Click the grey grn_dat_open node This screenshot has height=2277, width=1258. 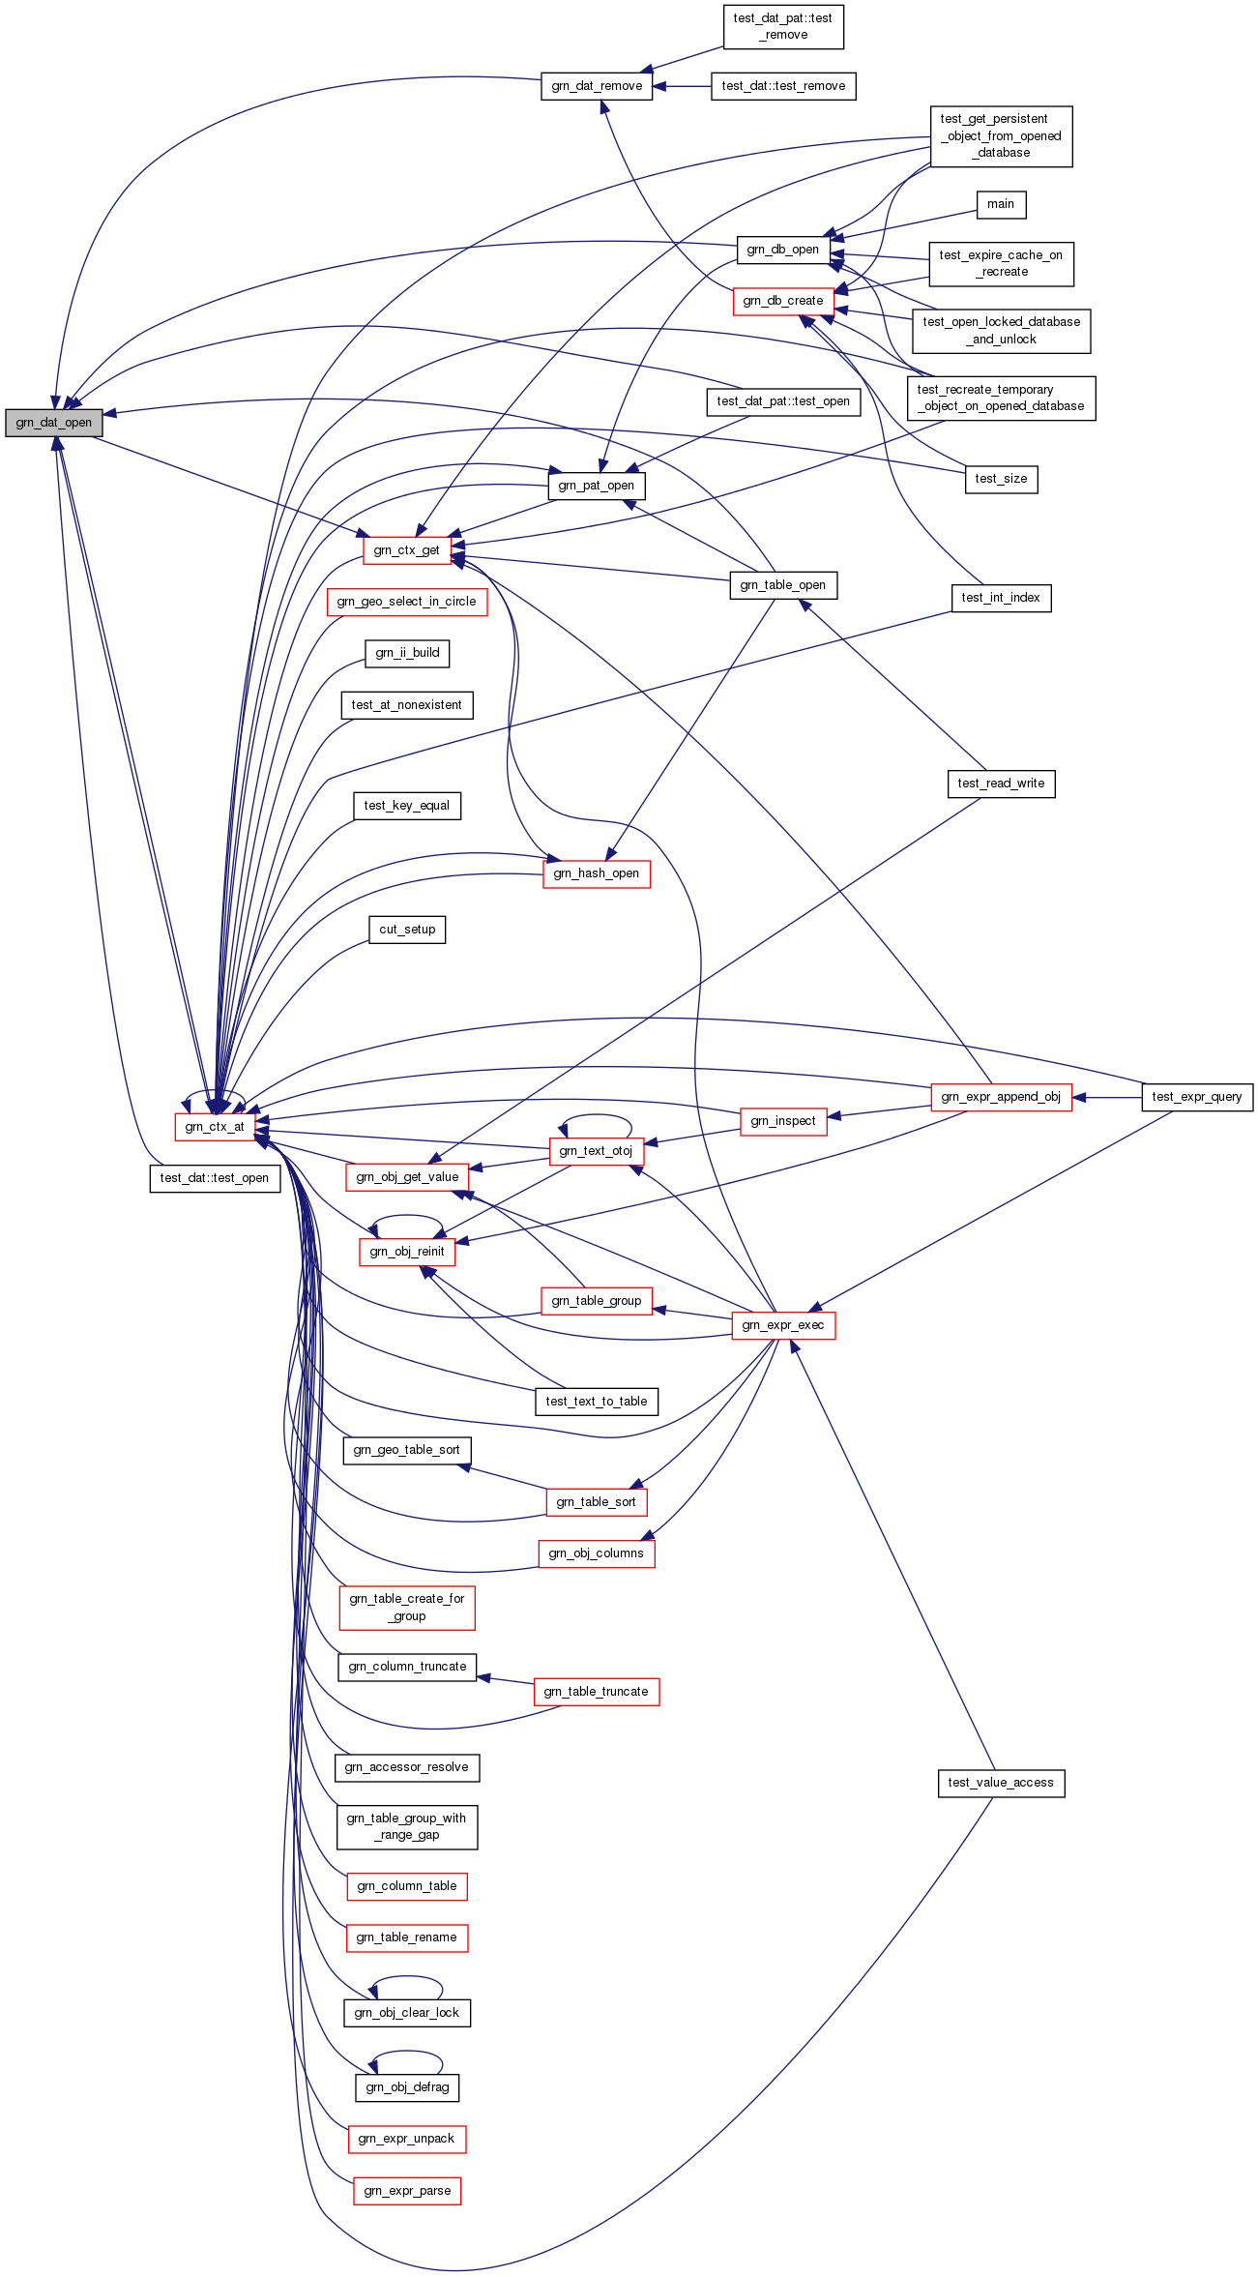pos(53,423)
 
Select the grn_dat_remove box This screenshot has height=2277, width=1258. pos(597,86)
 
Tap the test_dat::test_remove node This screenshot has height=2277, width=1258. pos(783,86)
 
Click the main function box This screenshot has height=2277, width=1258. pos(1001,204)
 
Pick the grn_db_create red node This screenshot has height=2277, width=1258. pos(783,301)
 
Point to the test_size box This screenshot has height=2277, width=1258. pos(1001,479)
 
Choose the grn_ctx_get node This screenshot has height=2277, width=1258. pos(406,550)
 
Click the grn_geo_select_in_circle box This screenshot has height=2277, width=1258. pos(406,602)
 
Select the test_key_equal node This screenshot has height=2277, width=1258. pos(406,806)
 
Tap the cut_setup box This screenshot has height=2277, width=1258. pos(407,930)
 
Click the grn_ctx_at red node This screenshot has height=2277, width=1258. pos(215,1127)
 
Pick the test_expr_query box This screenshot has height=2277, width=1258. pos(1197,1097)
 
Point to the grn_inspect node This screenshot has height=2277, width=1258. pos(783,1121)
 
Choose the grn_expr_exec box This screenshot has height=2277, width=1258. pos(783,1325)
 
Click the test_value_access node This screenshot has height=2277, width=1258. pos(1001,1783)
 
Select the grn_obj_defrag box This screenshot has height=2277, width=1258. pos(407,2087)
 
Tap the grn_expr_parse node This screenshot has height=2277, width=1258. pos(407,2191)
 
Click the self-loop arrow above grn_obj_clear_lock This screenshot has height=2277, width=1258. pos(407,1977)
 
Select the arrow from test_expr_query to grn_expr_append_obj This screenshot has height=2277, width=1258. pos(1106,1098)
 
